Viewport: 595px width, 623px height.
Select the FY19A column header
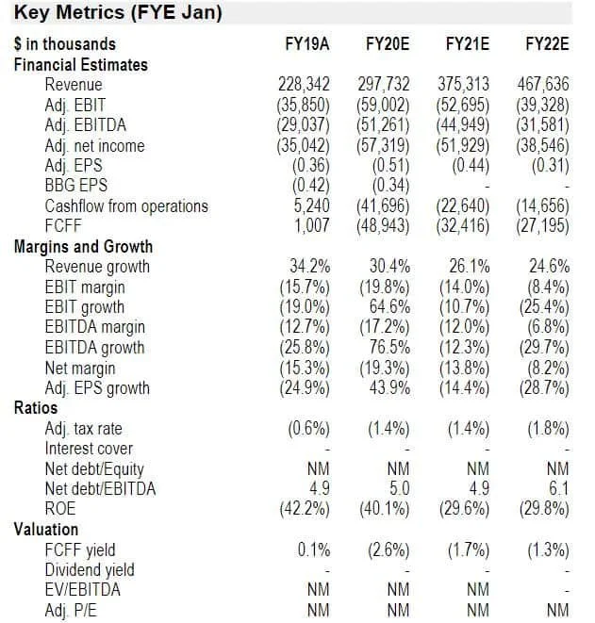(306, 44)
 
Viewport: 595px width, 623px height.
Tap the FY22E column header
(546, 44)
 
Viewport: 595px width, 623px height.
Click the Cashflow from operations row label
(126, 206)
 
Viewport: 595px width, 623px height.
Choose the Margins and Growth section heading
(83, 247)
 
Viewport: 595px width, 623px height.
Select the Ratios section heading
(35, 408)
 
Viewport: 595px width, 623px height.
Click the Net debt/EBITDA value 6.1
(557, 489)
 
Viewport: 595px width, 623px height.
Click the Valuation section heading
(46, 530)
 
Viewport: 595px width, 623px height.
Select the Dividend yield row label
(90, 570)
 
